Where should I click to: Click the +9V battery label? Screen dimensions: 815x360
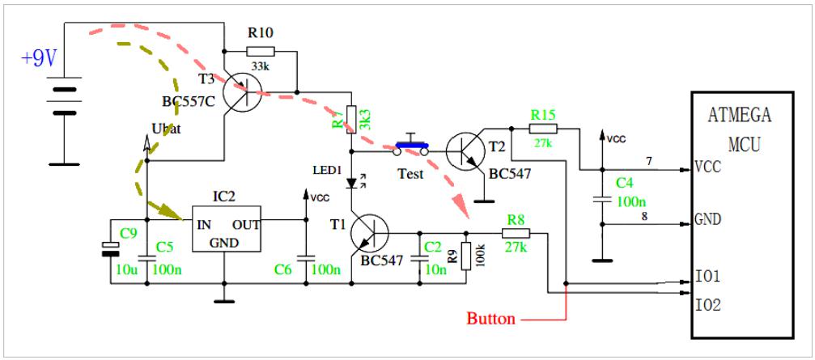[x=39, y=59]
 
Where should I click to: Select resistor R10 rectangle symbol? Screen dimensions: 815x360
[x=261, y=51]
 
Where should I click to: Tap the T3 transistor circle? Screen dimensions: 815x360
[x=243, y=93]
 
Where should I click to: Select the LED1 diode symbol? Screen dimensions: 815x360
[x=354, y=183]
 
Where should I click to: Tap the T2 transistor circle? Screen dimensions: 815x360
[x=465, y=150]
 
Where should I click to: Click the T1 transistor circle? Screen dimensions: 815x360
[x=370, y=233]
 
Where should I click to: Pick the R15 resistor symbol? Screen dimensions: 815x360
[x=543, y=129]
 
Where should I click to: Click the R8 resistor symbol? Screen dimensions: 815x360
[x=516, y=233]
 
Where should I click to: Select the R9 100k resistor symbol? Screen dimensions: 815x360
[x=466, y=256]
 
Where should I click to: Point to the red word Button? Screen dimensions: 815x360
[x=490, y=318]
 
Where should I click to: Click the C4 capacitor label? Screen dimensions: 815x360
[x=626, y=184]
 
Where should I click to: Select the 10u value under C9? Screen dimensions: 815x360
[x=127, y=269]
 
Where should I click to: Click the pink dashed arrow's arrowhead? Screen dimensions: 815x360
[x=461, y=207]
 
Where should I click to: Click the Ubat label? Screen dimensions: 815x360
[x=167, y=129]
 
